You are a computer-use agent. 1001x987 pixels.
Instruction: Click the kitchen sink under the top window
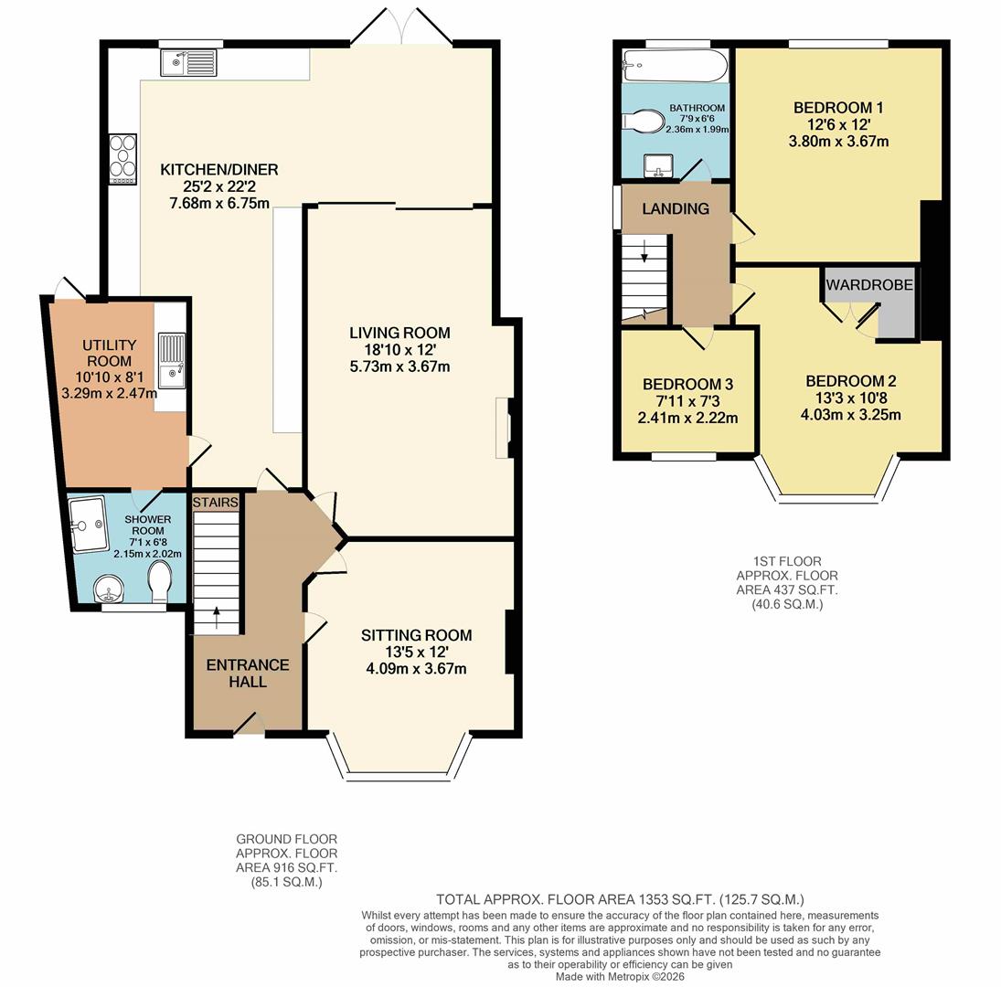[188, 62]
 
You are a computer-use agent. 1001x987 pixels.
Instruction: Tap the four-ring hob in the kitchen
[122, 160]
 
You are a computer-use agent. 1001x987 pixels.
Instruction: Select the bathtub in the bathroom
[675, 66]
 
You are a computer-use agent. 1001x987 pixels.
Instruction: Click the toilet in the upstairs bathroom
[647, 122]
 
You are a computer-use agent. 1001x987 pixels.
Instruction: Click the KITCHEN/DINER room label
[219, 170]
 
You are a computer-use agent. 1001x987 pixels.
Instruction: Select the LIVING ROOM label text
[399, 333]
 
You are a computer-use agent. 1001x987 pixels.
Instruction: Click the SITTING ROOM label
[416, 635]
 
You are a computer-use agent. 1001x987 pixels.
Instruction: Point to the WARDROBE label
[869, 285]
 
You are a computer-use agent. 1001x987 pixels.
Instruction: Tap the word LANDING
[676, 208]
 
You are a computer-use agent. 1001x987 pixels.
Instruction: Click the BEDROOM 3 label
[687, 385]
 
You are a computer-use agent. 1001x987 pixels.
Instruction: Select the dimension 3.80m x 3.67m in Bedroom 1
[838, 141]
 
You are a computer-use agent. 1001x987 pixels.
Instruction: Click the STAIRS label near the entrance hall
[216, 502]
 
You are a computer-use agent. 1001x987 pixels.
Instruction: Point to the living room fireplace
[504, 427]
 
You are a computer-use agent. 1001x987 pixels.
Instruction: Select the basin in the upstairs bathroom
[658, 166]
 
